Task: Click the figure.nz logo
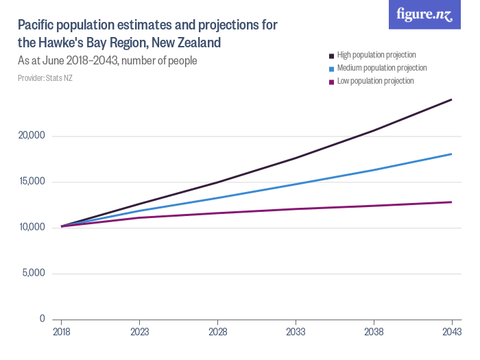pyautogui.click(x=424, y=14)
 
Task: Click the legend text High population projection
pyautogui.click(x=376, y=55)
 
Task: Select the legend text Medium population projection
pyautogui.click(x=382, y=68)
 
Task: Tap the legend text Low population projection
pyautogui.click(x=375, y=81)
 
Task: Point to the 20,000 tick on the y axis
pyautogui.click(x=31, y=136)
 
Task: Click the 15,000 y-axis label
pyautogui.click(x=31, y=182)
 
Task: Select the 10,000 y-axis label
pyautogui.click(x=31, y=228)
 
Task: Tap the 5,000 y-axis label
pyautogui.click(x=33, y=273)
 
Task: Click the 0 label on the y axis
pyautogui.click(x=41, y=319)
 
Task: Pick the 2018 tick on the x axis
pyautogui.click(x=62, y=331)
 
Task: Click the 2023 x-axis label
pyautogui.click(x=140, y=331)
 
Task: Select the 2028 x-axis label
pyautogui.click(x=217, y=331)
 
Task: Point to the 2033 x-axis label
pyautogui.click(x=296, y=331)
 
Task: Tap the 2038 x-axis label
pyautogui.click(x=374, y=331)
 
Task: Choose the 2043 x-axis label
pyautogui.click(x=451, y=331)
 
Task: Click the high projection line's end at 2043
pyautogui.click(x=451, y=99)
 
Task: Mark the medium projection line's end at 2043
pyautogui.click(x=451, y=154)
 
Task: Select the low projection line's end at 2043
pyautogui.click(x=451, y=202)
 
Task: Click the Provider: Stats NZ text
pyautogui.click(x=45, y=78)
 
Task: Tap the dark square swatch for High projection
pyautogui.click(x=331, y=56)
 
